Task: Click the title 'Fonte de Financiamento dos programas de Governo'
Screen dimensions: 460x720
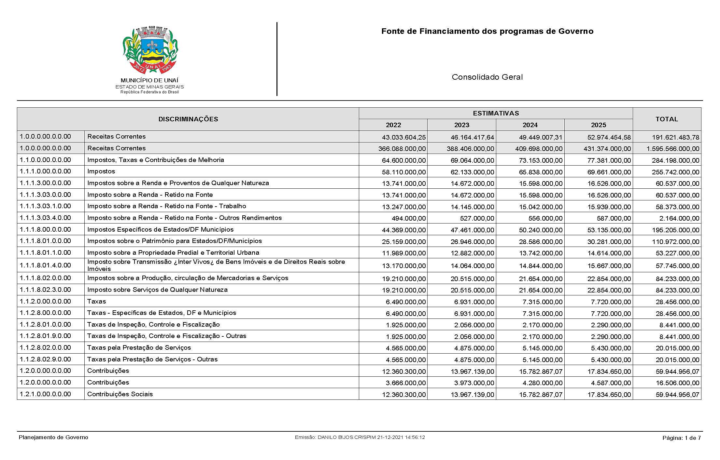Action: click(487, 31)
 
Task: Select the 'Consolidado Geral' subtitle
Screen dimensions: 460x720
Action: click(487, 77)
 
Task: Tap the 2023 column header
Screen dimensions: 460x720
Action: click(461, 125)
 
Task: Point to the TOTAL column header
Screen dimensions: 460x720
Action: click(667, 119)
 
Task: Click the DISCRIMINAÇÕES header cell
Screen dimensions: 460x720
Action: click(188, 119)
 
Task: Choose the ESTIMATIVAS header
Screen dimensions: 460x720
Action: click(496, 113)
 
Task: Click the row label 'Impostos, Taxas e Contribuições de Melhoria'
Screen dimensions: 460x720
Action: click(156, 160)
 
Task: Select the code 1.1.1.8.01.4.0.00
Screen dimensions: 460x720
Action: click(45, 265)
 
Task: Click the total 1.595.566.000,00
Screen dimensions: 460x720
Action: click(673, 149)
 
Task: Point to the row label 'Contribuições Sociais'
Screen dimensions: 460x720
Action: click(120, 394)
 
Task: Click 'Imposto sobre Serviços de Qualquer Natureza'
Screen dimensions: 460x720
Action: click(157, 290)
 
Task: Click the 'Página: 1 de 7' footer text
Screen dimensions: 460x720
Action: click(682, 438)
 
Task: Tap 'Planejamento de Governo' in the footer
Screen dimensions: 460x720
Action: click(53, 437)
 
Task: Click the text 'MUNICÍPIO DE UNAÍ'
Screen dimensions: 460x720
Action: click(149, 80)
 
